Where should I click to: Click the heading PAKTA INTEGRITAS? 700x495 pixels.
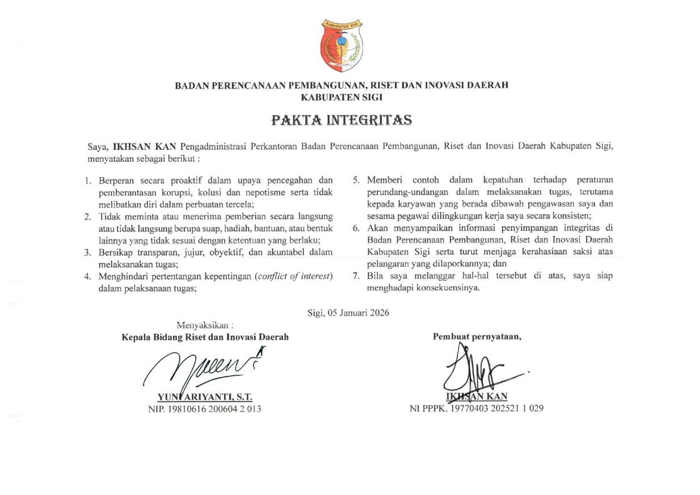(x=341, y=120)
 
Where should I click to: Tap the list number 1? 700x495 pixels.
(x=88, y=181)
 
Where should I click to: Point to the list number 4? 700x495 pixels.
(x=88, y=276)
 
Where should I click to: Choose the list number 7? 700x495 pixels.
(x=356, y=276)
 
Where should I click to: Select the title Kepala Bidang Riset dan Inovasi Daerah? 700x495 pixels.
(x=205, y=337)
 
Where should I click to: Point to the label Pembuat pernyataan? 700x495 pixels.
(x=477, y=336)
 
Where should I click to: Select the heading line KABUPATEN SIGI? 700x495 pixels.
(x=341, y=97)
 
